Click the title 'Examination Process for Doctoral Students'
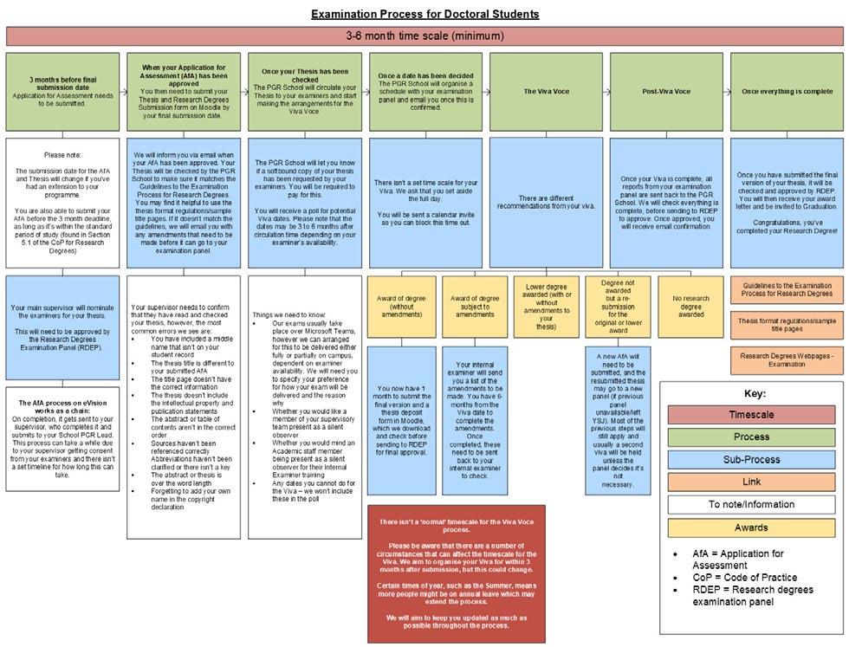[424, 14]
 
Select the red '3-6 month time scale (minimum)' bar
[424, 36]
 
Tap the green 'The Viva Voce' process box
[545, 90]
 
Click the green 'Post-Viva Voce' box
[665, 90]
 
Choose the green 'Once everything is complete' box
[786, 90]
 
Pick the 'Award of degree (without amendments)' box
[402, 306]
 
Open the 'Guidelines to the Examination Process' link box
[786, 289]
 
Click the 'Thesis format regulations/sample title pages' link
[786, 325]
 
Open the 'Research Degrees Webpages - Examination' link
[786, 359]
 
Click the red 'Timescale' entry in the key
[751, 414]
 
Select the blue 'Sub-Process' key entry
[751, 459]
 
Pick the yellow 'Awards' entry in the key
[751, 527]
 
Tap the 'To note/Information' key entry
[751, 504]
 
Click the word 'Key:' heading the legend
[751, 392]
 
